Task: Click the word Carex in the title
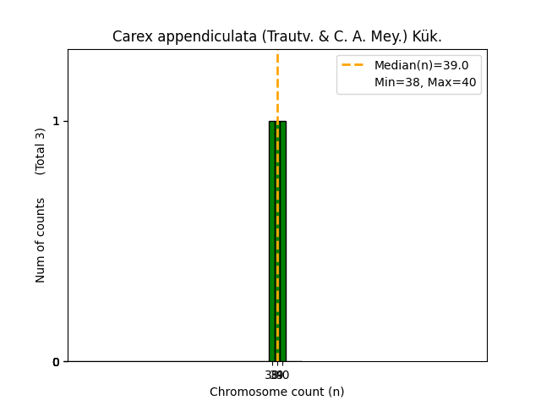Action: pos(128,36)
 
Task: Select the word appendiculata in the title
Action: pos(189,36)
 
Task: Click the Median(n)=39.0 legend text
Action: pos(421,65)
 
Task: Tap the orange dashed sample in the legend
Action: pos(353,65)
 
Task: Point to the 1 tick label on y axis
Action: pos(56,121)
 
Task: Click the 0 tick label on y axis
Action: pos(56,362)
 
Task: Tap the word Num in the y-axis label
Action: pos(41,268)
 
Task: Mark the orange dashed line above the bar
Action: pos(277,85)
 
